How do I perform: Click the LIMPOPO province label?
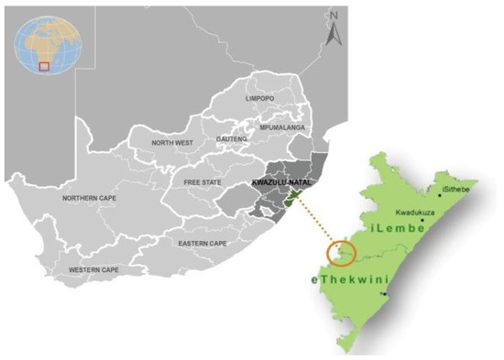coord(260,98)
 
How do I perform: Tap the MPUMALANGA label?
coord(281,127)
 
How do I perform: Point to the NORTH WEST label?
coord(172,142)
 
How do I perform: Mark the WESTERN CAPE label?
coord(93,270)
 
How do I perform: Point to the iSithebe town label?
coord(455,189)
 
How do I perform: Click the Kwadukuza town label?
coord(415,209)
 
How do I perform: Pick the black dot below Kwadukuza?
coord(422,220)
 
